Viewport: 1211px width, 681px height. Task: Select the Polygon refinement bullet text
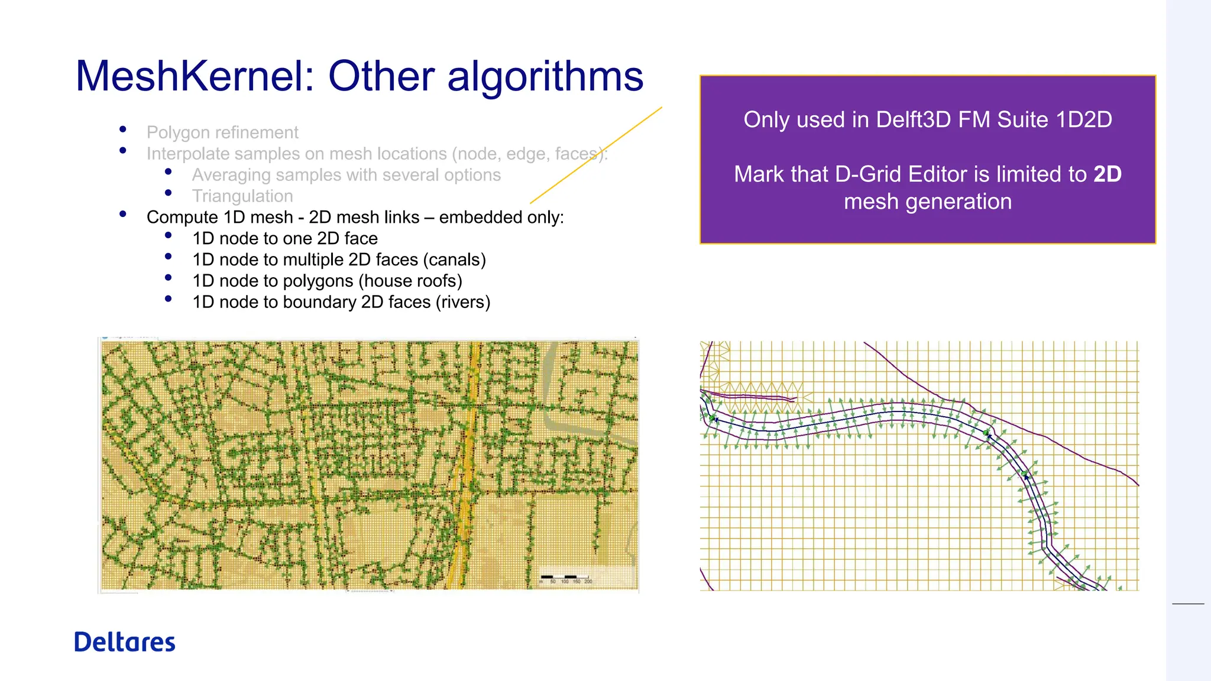click(x=222, y=132)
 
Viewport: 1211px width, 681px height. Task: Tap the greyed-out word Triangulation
click(x=242, y=196)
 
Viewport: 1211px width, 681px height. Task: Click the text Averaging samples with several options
click(x=346, y=175)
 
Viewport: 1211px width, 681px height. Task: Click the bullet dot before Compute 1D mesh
click(x=122, y=214)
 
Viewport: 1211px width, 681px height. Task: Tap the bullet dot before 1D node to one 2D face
click(x=169, y=235)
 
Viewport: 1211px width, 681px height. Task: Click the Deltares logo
click(x=125, y=643)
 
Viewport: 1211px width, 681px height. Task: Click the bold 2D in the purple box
click(x=1107, y=174)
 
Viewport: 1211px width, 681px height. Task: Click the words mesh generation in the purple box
click(x=927, y=202)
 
